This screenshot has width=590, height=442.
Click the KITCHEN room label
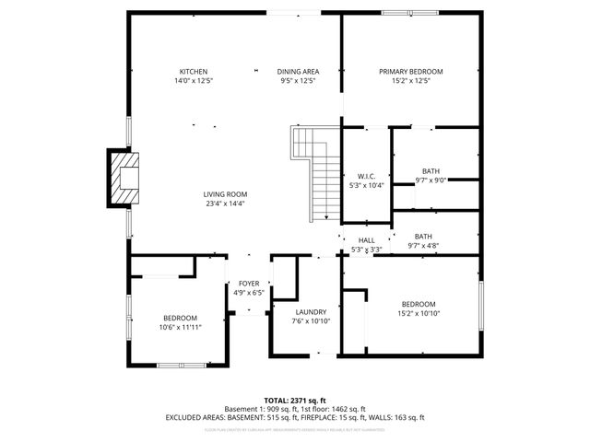[193, 72]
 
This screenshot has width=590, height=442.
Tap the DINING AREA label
[298, 72]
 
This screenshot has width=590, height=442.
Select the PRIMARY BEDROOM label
[411, 72]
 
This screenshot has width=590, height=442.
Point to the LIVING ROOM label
[226, 194]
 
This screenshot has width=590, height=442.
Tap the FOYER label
[249, 284]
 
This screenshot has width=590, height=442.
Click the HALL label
[366, 239]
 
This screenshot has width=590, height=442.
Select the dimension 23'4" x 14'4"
[226, 204]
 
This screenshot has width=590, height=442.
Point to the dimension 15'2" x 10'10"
[418, 313]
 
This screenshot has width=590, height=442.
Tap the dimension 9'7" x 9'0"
[431, 180]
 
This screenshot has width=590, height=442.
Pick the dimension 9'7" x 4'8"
[423, 246]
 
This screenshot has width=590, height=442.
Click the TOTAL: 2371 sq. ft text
[295, 401]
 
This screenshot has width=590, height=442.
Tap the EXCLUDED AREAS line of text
[295, 417]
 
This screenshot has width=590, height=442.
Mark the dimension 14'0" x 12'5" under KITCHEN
[193, 81]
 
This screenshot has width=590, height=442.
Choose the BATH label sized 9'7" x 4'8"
[423, 237]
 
